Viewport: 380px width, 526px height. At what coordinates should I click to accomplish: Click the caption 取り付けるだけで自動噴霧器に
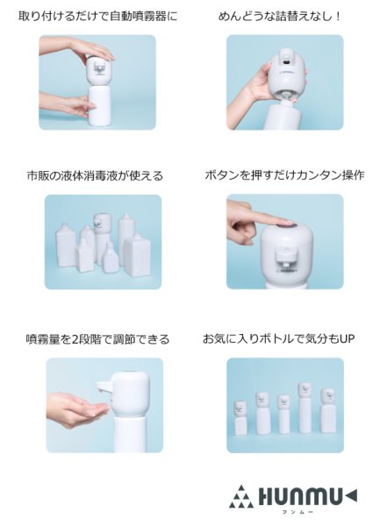(x=97, y=16)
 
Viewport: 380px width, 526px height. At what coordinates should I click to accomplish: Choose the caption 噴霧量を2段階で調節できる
(x=97, y=338)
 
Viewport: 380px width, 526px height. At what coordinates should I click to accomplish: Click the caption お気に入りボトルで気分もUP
(x=278, y=338)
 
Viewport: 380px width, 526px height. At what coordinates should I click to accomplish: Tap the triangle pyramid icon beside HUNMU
(x=240, y=496)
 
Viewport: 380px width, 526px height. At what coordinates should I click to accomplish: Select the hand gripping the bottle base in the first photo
(x=72, y=106)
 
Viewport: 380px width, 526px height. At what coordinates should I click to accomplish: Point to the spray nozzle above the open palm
(x=104, y=387)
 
